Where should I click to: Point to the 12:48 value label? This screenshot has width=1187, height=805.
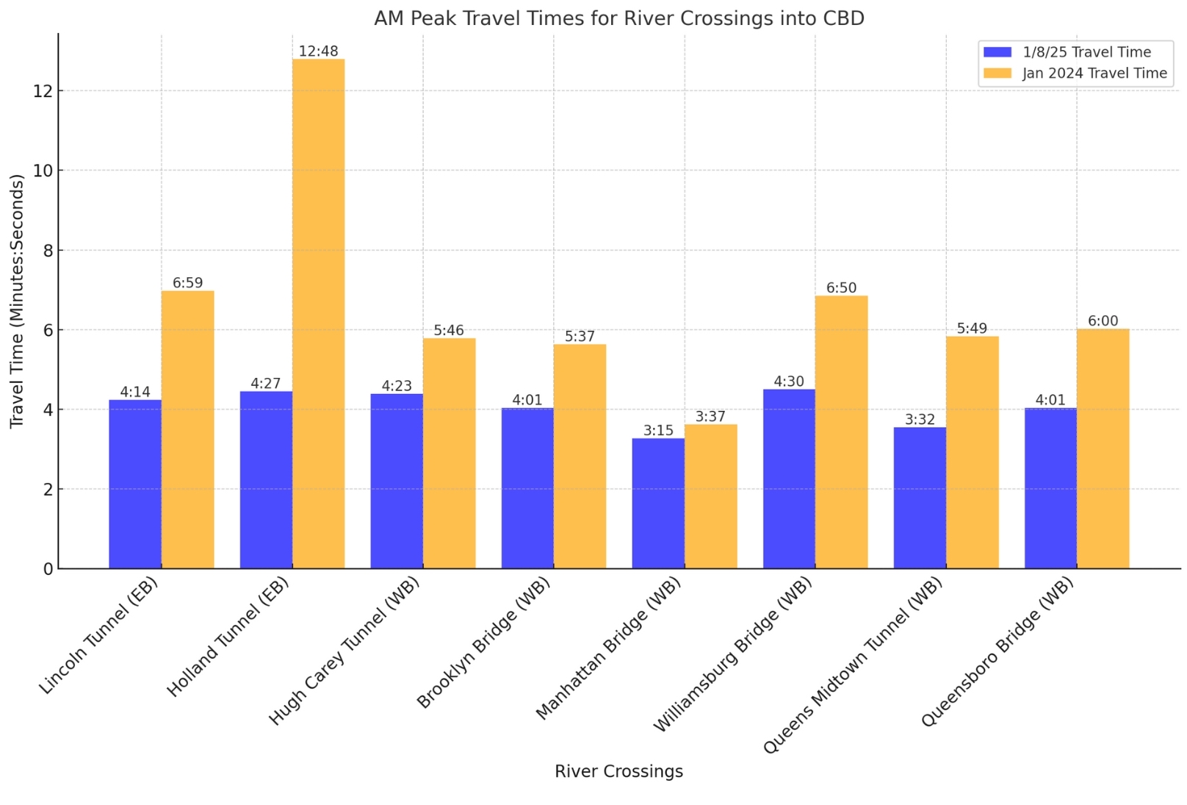click(318, 51)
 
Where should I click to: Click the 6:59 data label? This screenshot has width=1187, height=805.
click(187, 283)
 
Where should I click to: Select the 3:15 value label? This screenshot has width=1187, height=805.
click(658, 431)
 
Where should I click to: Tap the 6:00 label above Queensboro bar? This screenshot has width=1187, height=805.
click(1103, 321)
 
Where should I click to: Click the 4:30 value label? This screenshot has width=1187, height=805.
click(789, 382)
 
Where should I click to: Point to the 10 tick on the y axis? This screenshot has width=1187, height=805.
click(43, 171)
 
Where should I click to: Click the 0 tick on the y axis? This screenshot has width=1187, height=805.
click(48, 569)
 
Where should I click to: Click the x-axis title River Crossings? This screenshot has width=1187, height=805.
click(618, 771)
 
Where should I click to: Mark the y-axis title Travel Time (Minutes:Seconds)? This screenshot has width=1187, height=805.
click(17, 301)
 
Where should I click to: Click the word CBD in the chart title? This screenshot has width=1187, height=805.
click(843, 18)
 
